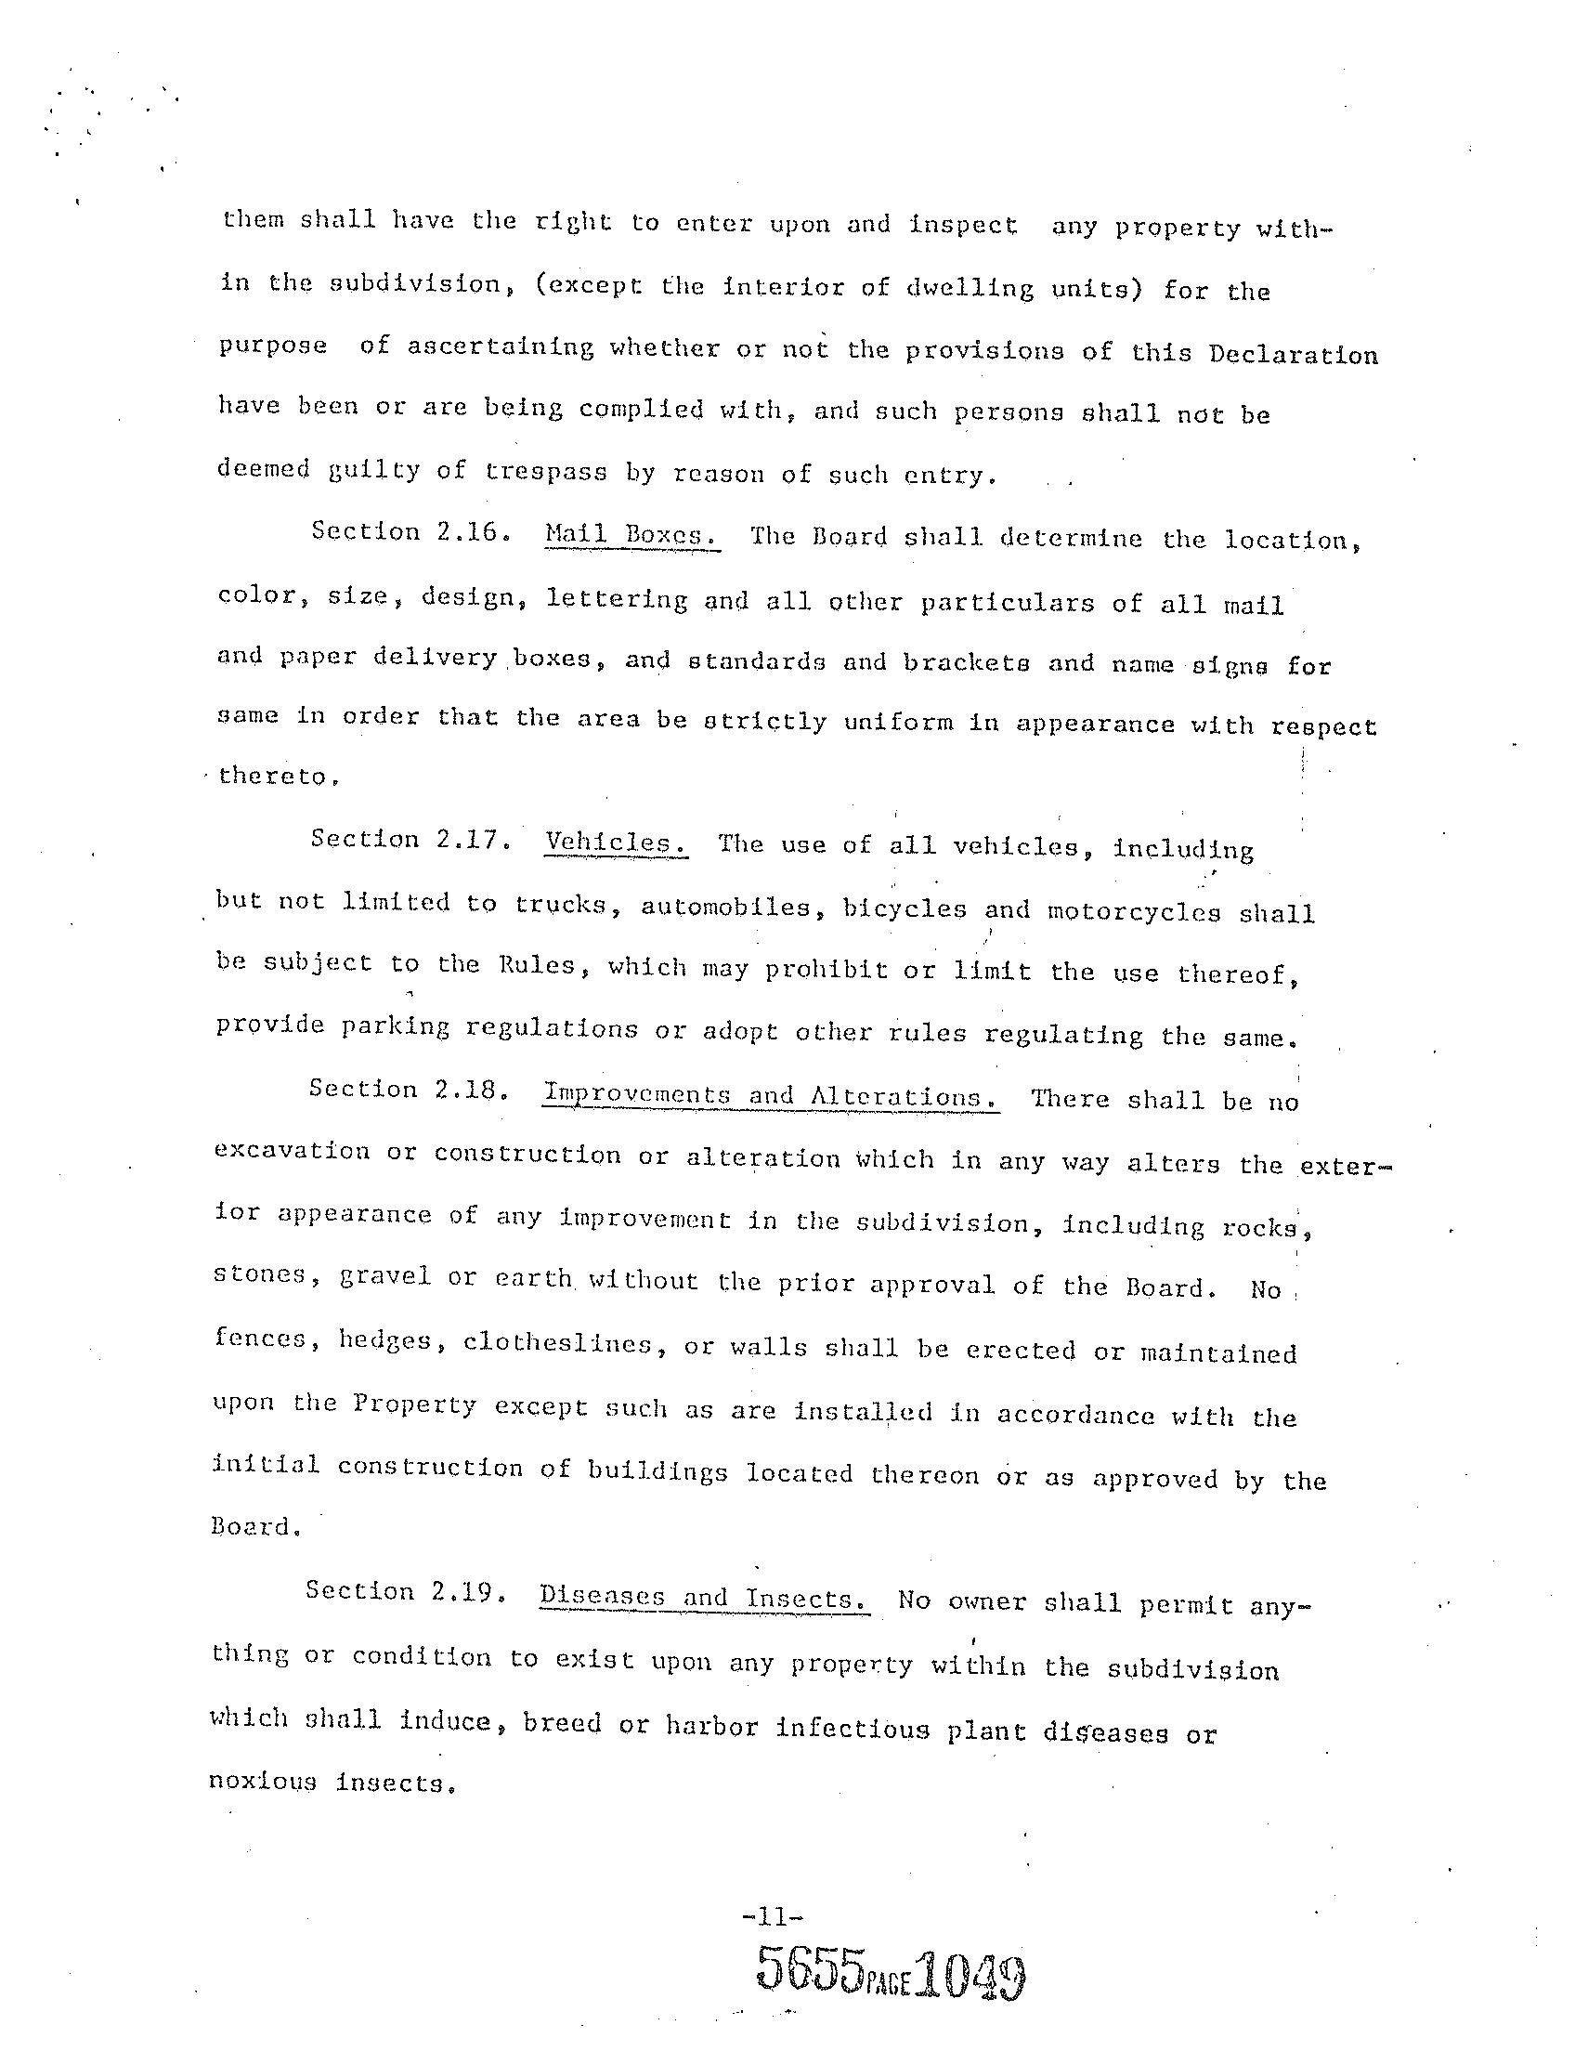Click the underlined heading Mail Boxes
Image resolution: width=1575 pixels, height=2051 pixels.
[631, 535]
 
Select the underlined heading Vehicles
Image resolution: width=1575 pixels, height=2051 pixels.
[616, 842]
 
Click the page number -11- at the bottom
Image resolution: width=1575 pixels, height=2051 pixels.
[773, 1917]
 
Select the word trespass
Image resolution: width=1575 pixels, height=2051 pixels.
[546, 472]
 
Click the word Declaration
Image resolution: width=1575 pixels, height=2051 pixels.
[1293, 356]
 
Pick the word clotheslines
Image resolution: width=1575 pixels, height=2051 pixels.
[557, 1344]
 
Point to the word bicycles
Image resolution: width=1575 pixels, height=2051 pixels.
[904, 908]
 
